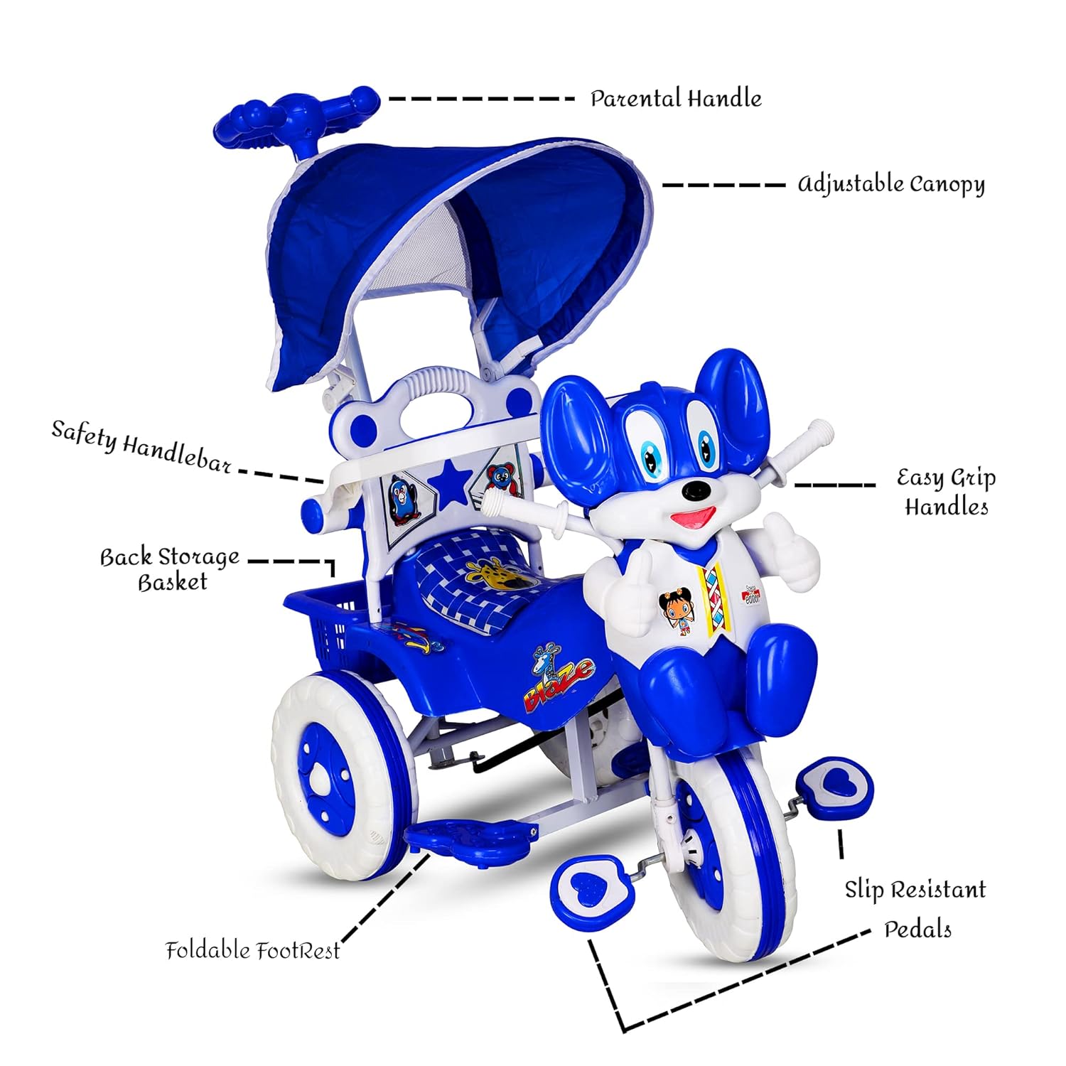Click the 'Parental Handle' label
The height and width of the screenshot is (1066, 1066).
pyautogui.click(x=675, y=98)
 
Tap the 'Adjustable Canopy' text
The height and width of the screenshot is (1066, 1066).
pyautogui.click(x=891, y=184)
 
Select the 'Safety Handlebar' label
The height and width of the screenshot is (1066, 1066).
pyautogui.click(x=141, y=446)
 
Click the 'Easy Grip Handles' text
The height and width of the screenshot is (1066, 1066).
pyautogui.click(x=946, y=492)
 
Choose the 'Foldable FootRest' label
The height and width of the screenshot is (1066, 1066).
pyautogui.click(x=253, y=951)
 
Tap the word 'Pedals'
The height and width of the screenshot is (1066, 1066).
pyautogui.click(x=917, y=930)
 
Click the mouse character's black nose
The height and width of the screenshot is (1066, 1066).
pyautogui.click(x=696, y=490)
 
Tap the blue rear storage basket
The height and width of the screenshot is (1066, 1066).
pyautogui.click(x=327, y=625)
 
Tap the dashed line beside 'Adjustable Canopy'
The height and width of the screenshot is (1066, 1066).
pyautogui.click(x=723, y=185)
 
